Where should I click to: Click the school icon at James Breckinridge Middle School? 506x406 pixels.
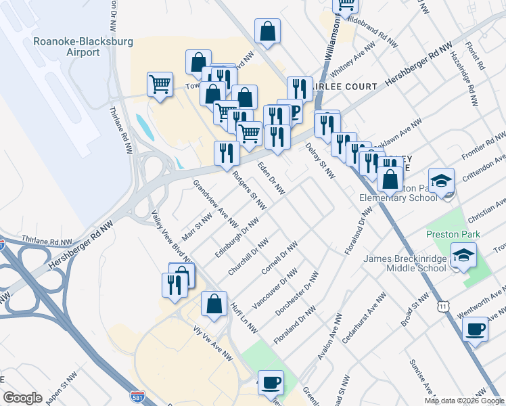click(464, 256)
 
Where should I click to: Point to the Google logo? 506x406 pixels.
click(23, 398)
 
